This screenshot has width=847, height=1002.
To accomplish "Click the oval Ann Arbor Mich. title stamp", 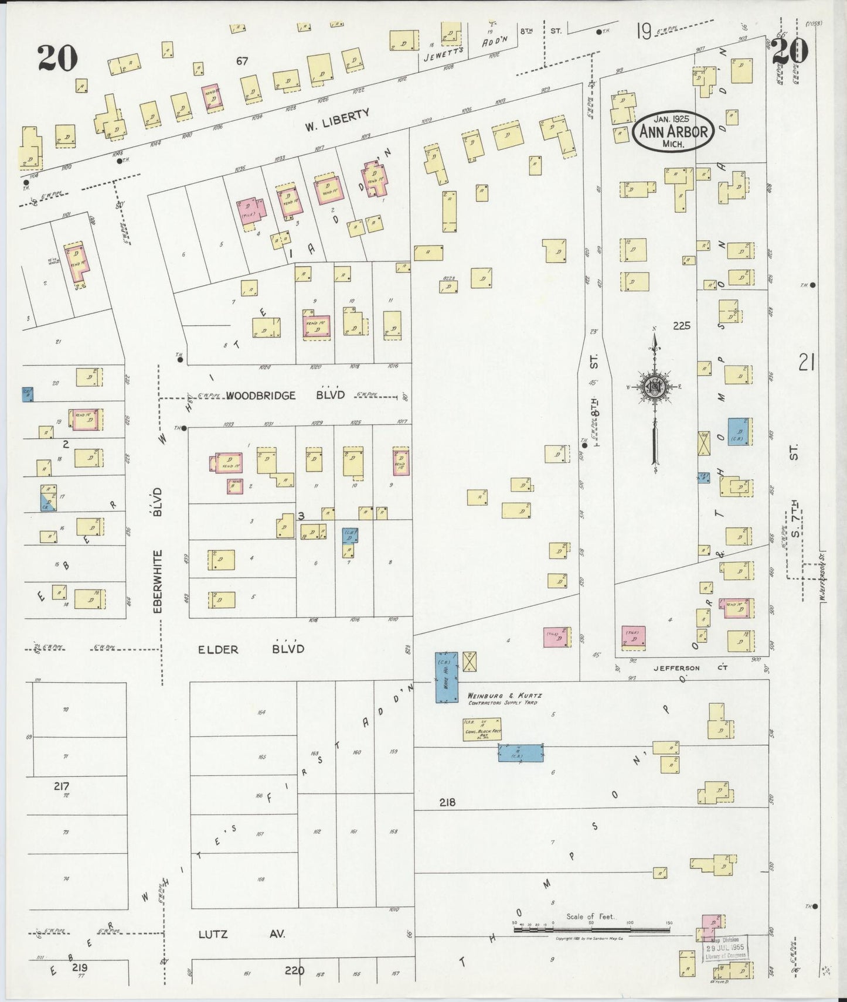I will pyautogui.click(x=673, y=131).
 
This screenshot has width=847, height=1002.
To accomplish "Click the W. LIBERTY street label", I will pyautogui.click(x=337, y=120).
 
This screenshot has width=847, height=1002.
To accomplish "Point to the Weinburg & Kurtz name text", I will pyautogui.click(x=502, y=696).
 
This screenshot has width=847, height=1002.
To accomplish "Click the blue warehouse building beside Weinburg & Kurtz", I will pyautogui.click(x=446, y=677).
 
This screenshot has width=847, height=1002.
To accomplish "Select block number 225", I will pyautogui.click(x=682, y=326).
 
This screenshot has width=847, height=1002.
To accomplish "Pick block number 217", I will pyautogui.click(x=62, y=786).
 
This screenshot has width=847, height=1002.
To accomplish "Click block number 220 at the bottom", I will pyautogui.click(x=294, y=970).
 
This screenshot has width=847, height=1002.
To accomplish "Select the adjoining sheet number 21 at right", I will pyautogui.click(x=807, y=363).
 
